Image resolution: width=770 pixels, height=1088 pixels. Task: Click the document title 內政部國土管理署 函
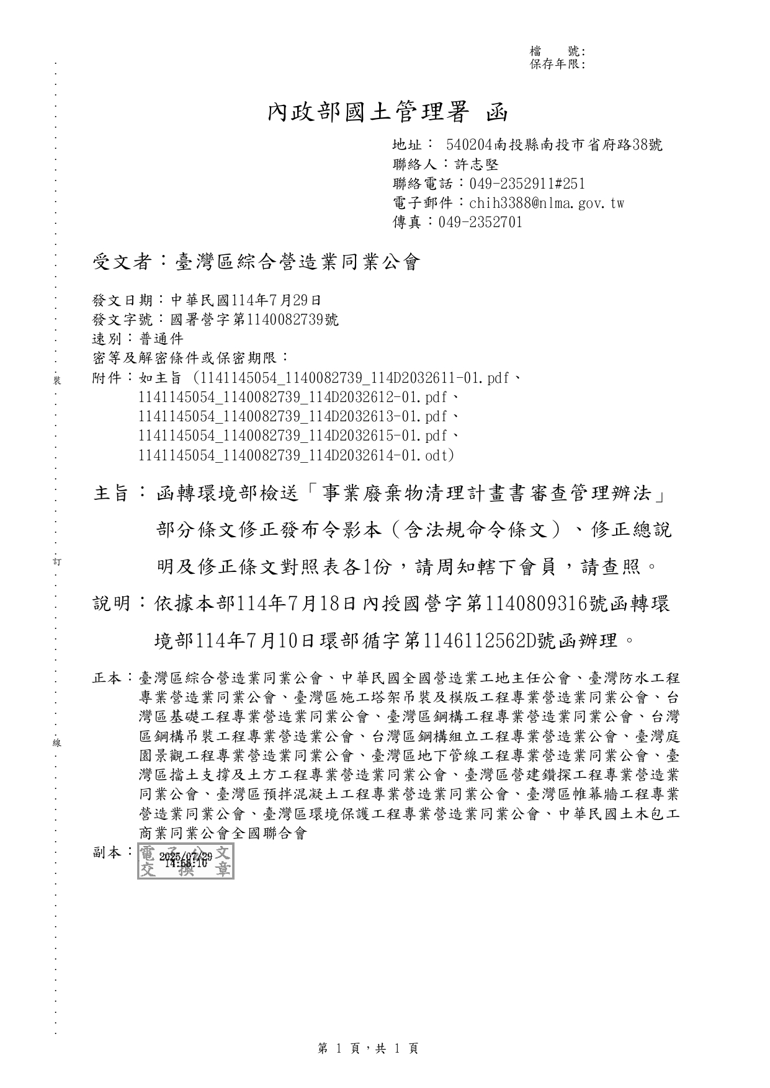click(x=387, y=112)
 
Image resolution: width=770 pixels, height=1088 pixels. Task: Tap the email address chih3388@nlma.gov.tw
click(x=547, y=203)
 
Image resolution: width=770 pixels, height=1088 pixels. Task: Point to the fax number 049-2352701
click(x=480, y=222)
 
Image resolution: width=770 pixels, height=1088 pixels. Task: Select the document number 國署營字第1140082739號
click(x=255, y=320)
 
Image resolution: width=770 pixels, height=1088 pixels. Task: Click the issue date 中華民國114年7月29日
click(x=246, y=301)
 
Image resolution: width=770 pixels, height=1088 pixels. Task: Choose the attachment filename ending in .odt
click(x=296, y=455)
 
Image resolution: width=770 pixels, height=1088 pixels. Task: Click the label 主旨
click(x=111, y=494)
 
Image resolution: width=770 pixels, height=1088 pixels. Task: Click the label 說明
click(x=111, y=603)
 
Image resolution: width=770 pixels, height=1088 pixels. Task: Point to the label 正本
click(x=107, y=678)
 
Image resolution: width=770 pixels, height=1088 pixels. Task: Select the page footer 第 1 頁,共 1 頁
click(x=368, y=1048)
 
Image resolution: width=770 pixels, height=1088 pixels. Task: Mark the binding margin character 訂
click(x=56, y=561)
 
